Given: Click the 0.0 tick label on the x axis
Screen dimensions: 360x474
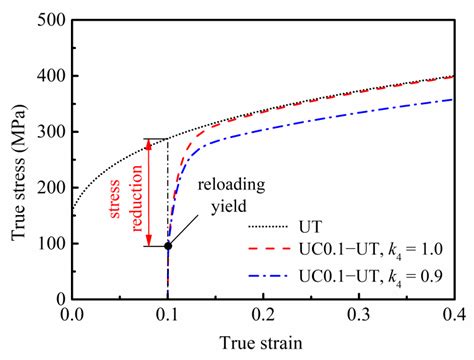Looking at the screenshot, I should coord(73,315).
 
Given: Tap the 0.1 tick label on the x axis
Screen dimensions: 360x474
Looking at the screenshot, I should coord(168,315).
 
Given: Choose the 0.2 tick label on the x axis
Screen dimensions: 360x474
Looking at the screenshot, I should coord(264,315).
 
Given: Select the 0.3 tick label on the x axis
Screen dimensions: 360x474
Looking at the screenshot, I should coord(359,315).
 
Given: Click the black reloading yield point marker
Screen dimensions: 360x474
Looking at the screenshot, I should coord(168,245).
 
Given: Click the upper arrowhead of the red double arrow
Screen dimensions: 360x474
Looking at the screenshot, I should coord(148,142).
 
